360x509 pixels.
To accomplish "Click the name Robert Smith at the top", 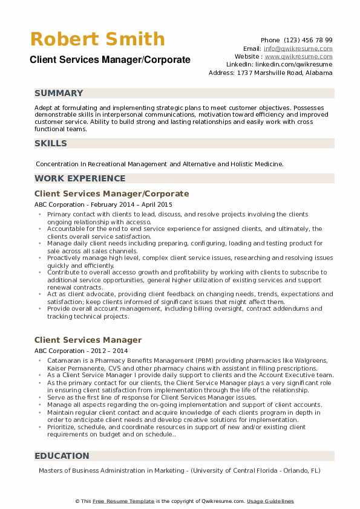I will point(97,39).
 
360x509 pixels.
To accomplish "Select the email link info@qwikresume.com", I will point(298,48).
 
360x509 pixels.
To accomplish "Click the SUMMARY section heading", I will point(59,94).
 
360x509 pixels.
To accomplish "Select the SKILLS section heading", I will point(51,143).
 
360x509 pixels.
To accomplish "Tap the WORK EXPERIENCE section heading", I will point(80,178).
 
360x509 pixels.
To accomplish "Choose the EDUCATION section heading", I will point(62,456).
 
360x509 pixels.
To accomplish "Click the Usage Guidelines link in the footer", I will point(270,501).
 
